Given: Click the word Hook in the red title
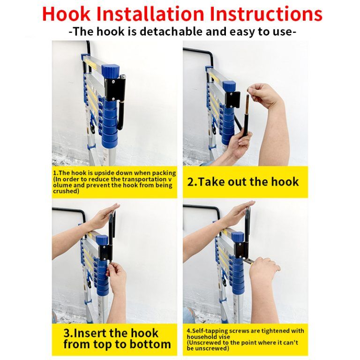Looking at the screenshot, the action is pos(66,14).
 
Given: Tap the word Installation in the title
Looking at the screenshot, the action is pos(150,14).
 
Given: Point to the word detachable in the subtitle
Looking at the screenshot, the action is pos(172,31).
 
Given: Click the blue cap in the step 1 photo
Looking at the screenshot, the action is pos(111,70).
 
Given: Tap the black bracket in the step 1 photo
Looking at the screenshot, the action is pos(114,89).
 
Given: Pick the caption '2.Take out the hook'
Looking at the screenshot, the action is pos(243,182).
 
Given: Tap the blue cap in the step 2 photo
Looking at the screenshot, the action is pos(229,86).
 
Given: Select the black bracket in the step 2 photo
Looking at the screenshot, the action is pos(232,99).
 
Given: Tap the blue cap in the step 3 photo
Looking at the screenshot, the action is pos(102,240).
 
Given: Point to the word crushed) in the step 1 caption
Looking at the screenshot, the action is pos(66,191).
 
